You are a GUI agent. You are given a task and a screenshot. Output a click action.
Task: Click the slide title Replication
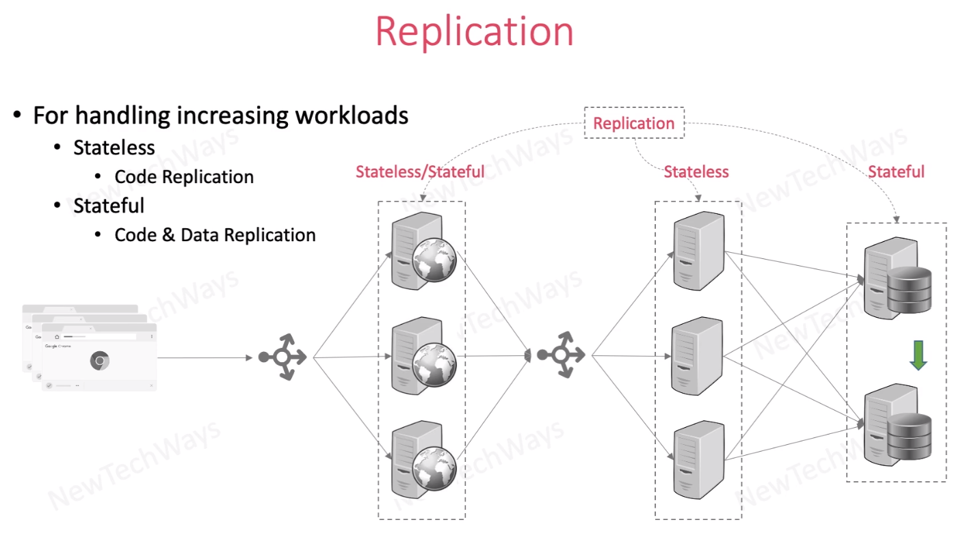point(474,31)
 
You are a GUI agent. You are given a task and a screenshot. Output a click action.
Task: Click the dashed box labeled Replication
point(633,124)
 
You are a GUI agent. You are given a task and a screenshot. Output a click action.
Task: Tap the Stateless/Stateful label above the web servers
point(419,172)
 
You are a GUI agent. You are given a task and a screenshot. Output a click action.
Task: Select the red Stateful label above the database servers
point(896,172)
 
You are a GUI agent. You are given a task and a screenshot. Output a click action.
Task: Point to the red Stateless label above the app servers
point(696,172)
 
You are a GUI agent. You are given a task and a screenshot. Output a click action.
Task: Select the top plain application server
point(697,251)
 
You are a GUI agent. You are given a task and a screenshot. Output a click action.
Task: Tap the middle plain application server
point(697,356)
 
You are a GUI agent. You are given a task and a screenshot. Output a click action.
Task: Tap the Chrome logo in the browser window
point(100,360)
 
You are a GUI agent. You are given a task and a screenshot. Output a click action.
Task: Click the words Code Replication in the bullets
point(184,177)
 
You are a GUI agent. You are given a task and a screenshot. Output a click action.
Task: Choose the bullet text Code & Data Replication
point(215,235)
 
